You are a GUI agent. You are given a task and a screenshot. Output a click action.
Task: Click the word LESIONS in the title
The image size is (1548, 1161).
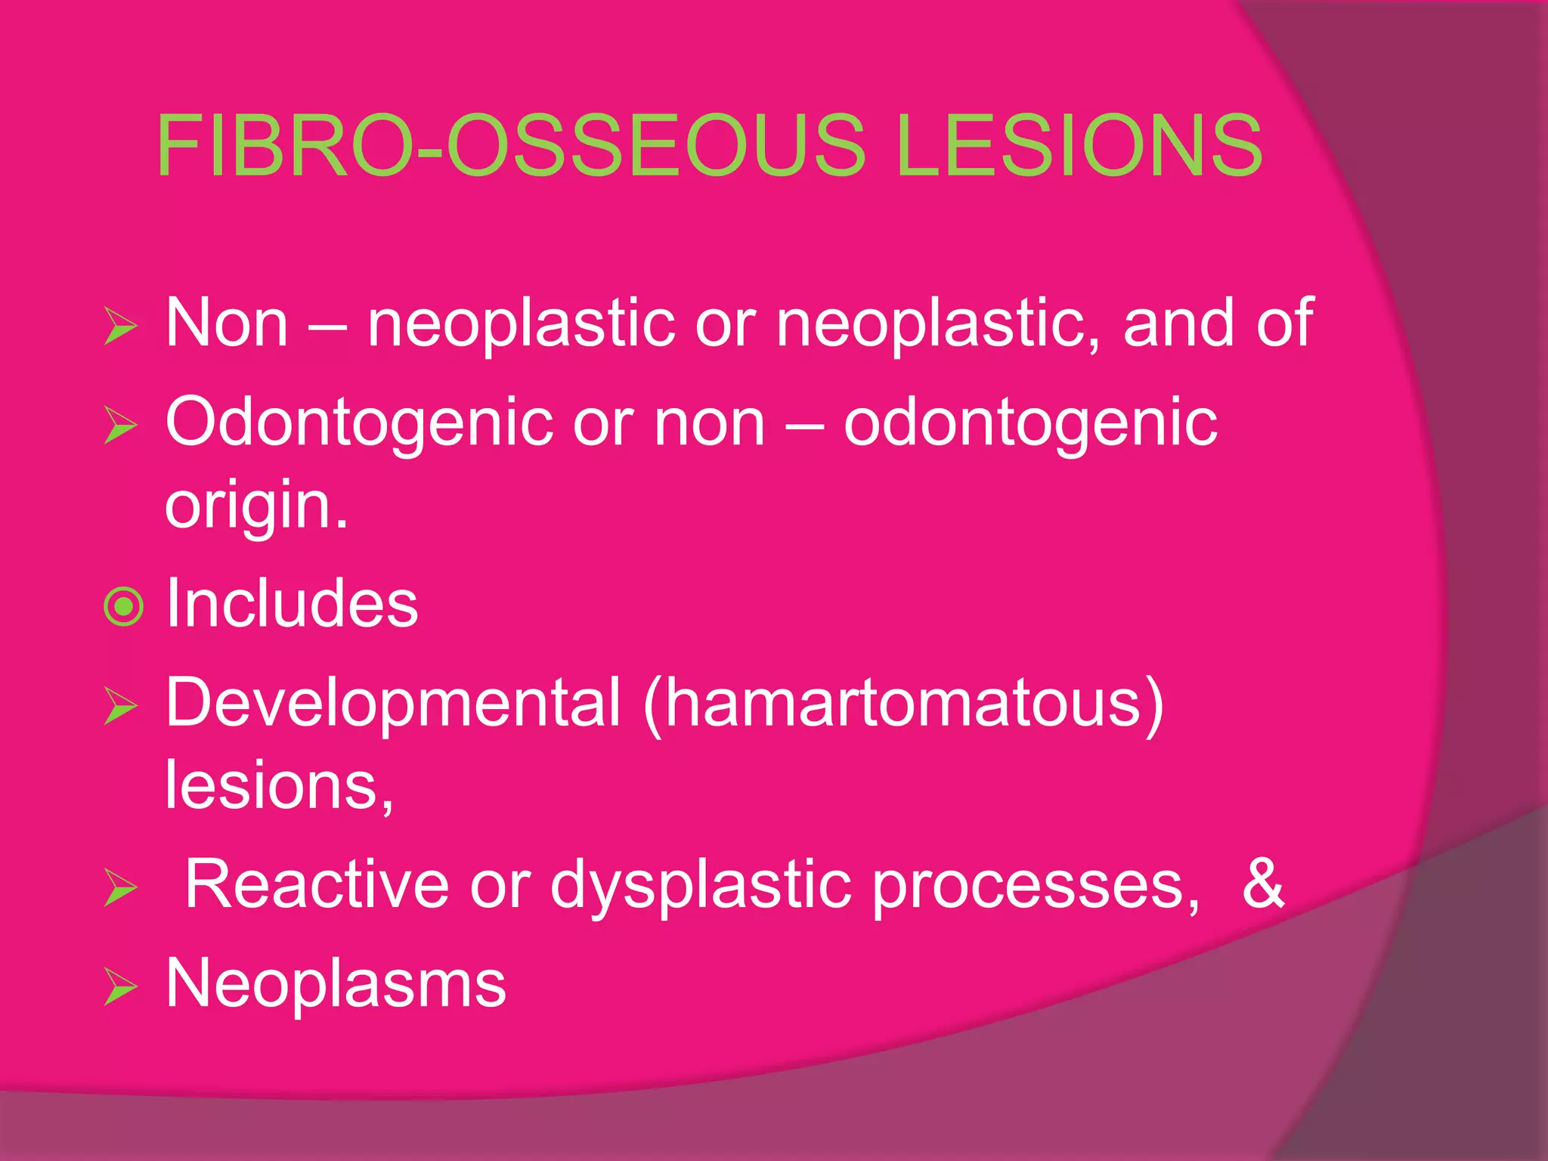[x=1079, y=145]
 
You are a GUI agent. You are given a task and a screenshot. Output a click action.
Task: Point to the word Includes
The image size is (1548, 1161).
[x=291, y=603]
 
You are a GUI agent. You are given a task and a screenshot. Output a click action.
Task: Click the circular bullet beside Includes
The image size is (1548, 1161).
[x=123, y=606]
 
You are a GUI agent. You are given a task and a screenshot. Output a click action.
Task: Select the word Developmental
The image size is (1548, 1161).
[x=393, y=703]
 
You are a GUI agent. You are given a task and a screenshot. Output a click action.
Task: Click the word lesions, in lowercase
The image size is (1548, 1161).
[x=279, y=786]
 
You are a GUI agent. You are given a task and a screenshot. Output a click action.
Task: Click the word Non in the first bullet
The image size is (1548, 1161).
[x=227, y=324]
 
